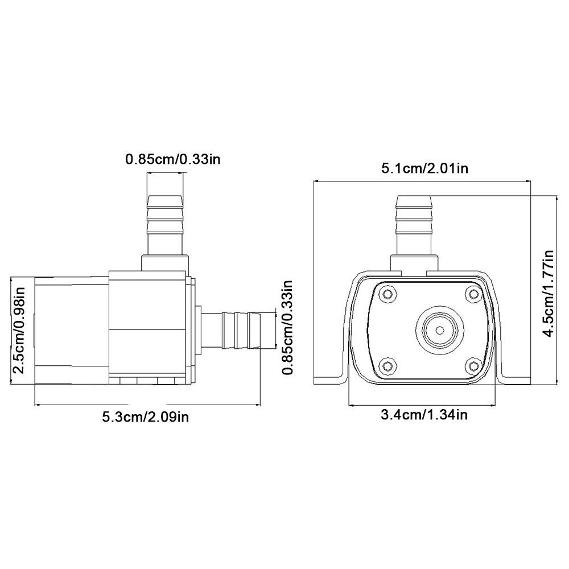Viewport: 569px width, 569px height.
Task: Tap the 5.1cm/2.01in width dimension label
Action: point(424,168)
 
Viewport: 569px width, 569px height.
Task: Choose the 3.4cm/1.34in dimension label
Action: point(424,415)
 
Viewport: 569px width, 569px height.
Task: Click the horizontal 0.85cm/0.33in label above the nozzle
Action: point(172,159)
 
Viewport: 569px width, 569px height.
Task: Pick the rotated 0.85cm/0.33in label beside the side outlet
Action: point(288,327)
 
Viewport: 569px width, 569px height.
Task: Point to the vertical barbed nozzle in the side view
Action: point(166,225)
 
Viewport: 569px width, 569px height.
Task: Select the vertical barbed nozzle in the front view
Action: point(414,225)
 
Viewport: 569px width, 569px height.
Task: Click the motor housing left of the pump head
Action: point(71,330)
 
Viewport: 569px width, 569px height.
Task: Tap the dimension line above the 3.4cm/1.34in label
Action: point(424,405)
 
